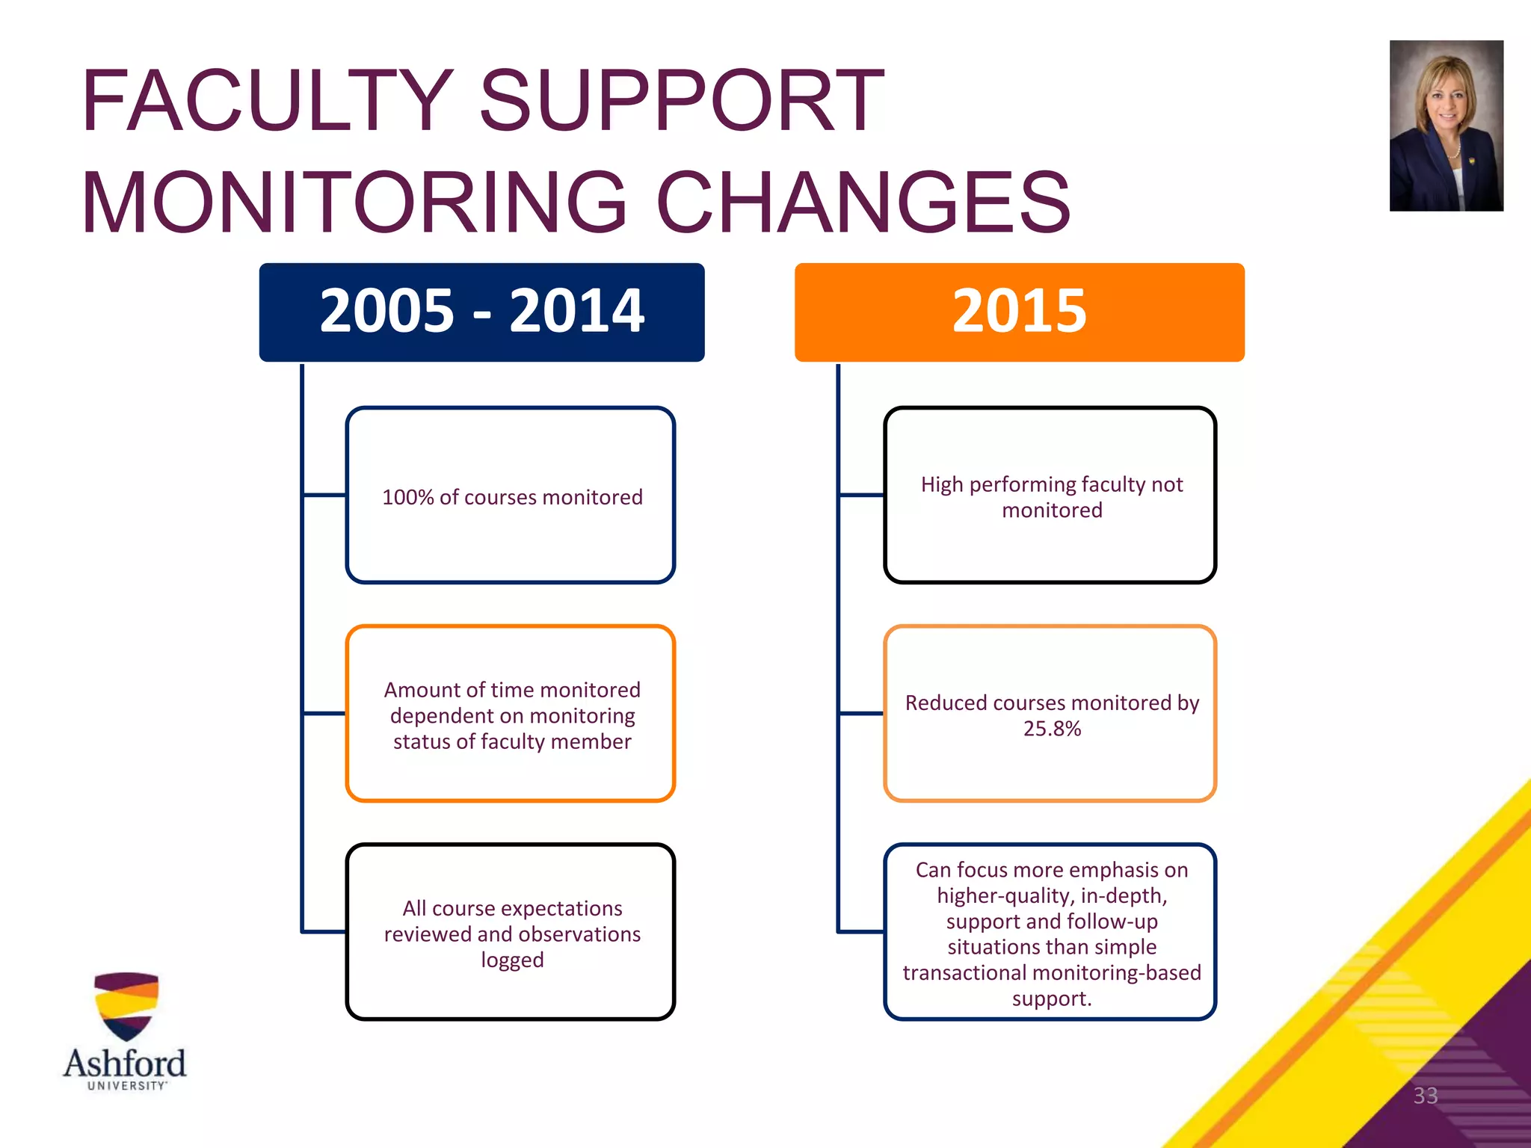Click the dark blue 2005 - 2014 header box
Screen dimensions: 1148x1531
(481, 312)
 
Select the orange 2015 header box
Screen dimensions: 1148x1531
(1019, 312)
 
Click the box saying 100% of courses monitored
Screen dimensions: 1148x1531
(511, 496)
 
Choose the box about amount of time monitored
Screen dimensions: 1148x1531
(511, 715)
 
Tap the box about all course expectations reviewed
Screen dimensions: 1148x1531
(511, 933)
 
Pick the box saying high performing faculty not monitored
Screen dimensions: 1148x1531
(1050, 496)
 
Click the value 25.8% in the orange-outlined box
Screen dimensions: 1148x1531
(1052, 729)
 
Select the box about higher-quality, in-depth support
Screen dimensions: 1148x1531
(1050, 933)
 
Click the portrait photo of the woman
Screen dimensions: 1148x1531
(1446, 126)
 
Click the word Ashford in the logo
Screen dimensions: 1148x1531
(125, 1063)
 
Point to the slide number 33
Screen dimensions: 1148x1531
(1425, 1096)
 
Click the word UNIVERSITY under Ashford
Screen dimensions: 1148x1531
(126, 1086)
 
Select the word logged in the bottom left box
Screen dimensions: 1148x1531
(512, 960)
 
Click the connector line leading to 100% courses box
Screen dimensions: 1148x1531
(324, 495)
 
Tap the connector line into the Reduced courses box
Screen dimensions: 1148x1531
(861, 714)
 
